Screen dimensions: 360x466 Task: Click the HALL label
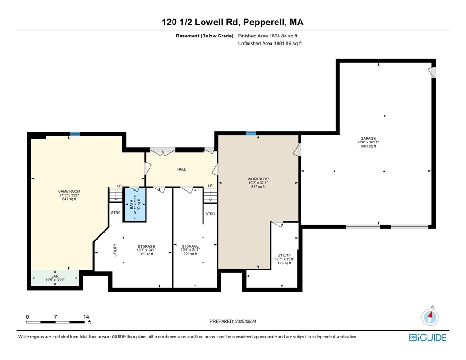point(181,169)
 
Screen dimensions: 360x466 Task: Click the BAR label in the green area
point(55,276)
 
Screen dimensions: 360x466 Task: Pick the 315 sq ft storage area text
point(146,254)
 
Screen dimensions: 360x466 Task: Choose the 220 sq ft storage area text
point(190,254)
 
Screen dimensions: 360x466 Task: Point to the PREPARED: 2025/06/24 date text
point(233,321)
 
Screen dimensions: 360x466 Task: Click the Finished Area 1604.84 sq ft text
point(268,36)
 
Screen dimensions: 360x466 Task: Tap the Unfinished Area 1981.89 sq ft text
point(270,43)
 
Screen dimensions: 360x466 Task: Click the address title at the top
point(233,22)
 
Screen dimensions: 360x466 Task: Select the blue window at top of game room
point(75,134)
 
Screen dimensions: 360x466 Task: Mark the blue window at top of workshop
point(251,134)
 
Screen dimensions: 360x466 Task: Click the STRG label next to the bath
point(116,213)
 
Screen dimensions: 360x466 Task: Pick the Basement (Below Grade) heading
point(204,36)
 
